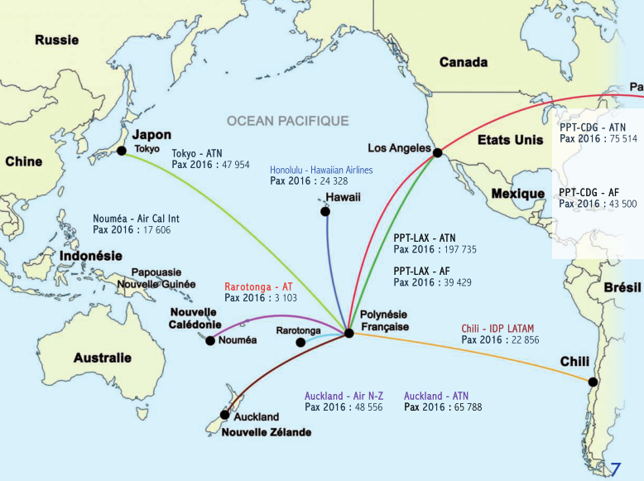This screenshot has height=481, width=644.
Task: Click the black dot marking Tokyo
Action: click(122, 151)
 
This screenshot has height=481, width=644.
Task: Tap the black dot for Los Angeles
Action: click(437, 152)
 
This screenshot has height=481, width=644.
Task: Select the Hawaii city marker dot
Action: click(325, 212)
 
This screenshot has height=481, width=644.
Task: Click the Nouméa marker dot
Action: click(210, 340)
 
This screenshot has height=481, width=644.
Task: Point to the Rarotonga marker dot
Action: click(300, 342)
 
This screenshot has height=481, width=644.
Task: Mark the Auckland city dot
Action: click(224, 415)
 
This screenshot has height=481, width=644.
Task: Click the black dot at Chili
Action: click(593, 382)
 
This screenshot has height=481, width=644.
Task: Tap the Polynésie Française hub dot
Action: click(348, 333)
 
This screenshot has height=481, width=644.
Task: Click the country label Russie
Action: click(57, 40)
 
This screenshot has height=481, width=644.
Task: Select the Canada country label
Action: click(464, 62)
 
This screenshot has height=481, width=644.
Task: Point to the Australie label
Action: click(102, 358)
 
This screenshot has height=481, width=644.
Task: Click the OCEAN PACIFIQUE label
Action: click(288, 121)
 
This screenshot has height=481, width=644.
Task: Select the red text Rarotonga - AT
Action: click(258, 286)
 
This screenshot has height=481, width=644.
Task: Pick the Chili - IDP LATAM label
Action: click(500, 329)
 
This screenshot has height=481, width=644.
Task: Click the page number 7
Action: click(616, 469)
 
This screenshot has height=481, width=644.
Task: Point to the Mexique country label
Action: click(518, 194)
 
